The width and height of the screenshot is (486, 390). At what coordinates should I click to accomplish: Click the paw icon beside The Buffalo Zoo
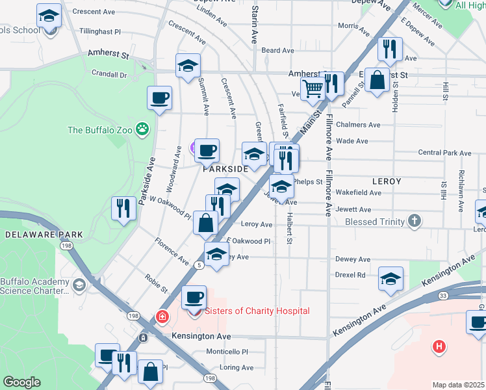[142, 129]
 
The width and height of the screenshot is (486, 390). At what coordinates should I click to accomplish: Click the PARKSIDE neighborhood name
[225, 168]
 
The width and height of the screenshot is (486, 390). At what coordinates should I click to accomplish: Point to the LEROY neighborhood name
[386, 181]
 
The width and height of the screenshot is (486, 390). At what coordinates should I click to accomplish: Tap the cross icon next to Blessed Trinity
[415, 222]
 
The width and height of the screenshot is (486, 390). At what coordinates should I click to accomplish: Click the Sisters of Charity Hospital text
[257, 311]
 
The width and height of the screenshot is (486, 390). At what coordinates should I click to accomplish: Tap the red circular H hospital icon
[439, 346]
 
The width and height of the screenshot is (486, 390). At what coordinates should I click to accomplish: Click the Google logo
[22, 382]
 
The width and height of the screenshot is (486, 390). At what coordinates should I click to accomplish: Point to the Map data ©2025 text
[459, 385]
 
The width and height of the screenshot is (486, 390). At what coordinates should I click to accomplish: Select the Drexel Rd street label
[350, 275]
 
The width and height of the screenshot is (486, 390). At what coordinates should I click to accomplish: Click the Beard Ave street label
[278, 51]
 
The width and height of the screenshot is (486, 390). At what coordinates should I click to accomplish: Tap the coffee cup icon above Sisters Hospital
[193, 298]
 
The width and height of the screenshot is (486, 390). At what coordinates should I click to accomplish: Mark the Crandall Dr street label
[109, 74]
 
